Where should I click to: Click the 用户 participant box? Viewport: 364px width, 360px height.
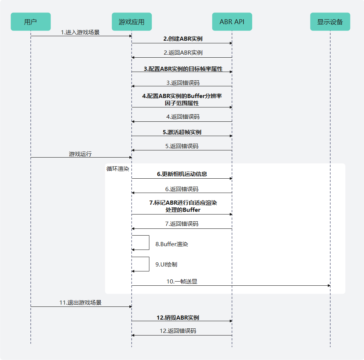31,22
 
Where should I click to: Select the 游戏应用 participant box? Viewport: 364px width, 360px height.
131,22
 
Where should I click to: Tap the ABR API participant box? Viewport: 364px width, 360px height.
232,22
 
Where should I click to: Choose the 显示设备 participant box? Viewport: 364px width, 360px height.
330,22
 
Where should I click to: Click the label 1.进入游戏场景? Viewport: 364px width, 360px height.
80,32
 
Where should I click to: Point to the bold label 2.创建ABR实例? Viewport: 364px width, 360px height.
181,38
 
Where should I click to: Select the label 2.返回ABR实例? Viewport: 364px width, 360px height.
181,53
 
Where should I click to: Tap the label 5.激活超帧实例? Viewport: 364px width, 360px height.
181,132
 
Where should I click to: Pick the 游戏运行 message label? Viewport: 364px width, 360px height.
80,154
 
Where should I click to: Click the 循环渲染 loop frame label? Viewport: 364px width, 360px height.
118,169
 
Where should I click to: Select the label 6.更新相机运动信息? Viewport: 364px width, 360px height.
181,175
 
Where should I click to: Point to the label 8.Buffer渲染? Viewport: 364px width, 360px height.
172,244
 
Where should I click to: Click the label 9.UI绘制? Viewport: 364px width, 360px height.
166,265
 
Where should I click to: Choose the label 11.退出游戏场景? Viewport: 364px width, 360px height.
80,303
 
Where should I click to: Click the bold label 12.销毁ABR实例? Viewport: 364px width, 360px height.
178,317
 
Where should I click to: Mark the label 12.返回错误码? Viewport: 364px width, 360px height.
178,331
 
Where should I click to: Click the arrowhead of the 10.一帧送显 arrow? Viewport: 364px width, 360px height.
329,286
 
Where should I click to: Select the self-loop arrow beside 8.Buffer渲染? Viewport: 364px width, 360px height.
149,242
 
